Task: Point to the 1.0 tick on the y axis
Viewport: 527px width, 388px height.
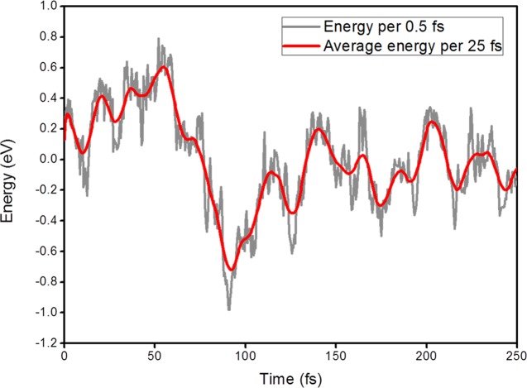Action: coord(48,6)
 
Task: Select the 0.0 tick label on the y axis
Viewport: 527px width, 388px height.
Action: coord(48,159)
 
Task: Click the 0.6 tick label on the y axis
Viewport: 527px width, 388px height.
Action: coord(48,67)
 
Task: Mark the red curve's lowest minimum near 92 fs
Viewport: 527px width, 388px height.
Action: coord(232,270)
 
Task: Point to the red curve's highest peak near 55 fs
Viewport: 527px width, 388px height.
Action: coord(165,67)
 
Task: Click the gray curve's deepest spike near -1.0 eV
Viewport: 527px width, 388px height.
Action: coord(229,309)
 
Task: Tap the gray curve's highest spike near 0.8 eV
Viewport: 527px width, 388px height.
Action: coord(157,38)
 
